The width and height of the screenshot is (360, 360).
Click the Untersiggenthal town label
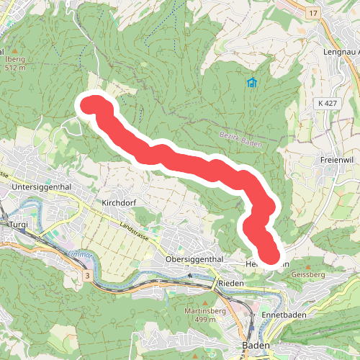[x=45, y=187]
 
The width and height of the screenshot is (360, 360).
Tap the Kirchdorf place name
[x=119, y=203]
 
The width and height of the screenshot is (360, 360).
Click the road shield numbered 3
[x=86, y=276]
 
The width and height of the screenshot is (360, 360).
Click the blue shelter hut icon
[x=251, y=83]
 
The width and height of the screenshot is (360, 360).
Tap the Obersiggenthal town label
[x=194, y=259]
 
